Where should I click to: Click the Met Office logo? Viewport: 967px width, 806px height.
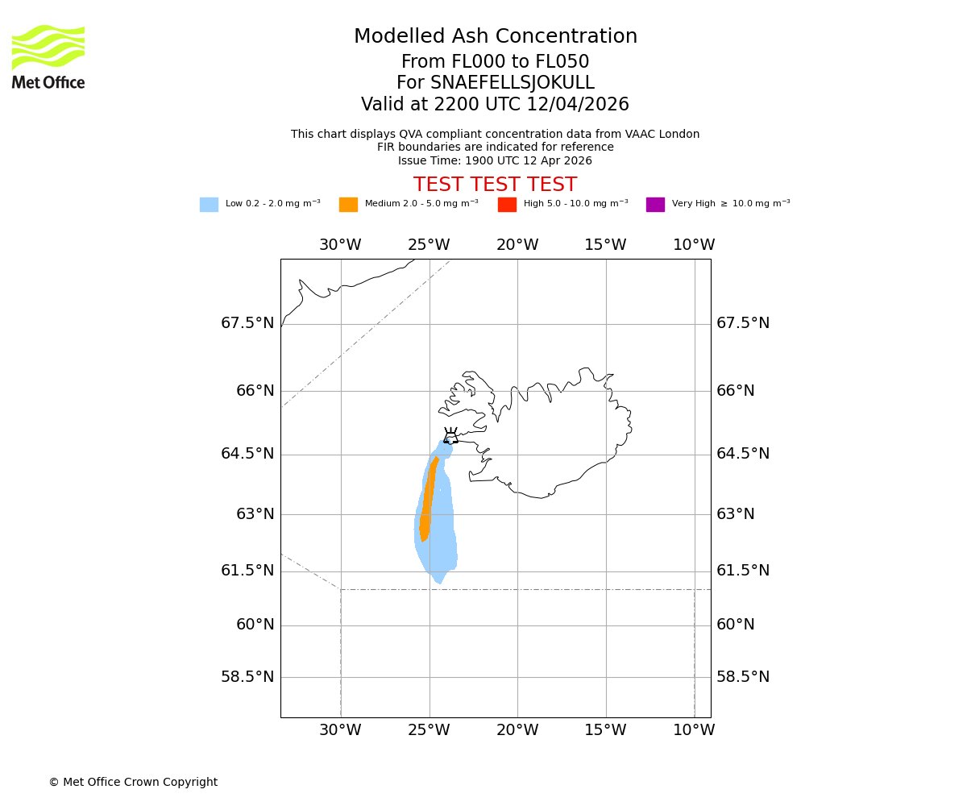pos(48,56)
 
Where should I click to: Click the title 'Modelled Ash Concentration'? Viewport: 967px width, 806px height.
pos(496,37)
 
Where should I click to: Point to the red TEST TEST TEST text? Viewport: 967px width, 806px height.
pos(495,185)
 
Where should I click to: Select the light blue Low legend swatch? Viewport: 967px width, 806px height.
pos(209,205)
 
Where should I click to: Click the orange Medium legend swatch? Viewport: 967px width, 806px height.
pos(348,205)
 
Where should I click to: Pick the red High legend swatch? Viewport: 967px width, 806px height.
pos(507,205)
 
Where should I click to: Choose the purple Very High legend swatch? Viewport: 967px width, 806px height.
pos(655,205)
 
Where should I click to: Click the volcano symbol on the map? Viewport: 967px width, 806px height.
pos(450,436)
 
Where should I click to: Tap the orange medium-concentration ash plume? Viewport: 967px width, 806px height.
pos(428,500)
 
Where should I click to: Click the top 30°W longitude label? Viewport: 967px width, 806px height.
pos(340,245)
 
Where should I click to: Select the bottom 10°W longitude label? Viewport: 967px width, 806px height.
pos(694,730)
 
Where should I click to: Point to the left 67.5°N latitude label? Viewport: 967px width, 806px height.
pos(247,323)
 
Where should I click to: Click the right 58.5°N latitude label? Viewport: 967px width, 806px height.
pos(743,677)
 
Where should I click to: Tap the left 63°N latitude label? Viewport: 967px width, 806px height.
pos(255,514)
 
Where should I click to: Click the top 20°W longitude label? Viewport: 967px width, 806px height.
pos(517,245)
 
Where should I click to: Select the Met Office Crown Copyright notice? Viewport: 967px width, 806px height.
pos(133,782)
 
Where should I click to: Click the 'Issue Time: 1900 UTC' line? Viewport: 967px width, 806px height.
pos(495,160)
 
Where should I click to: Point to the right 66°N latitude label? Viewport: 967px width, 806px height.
pos(736,391)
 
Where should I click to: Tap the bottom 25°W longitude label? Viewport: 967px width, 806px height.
pos(429,730)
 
